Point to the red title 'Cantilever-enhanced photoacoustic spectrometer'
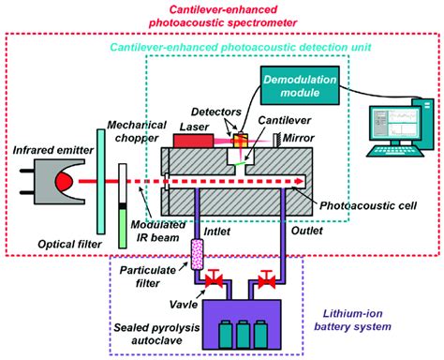point(222,13)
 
